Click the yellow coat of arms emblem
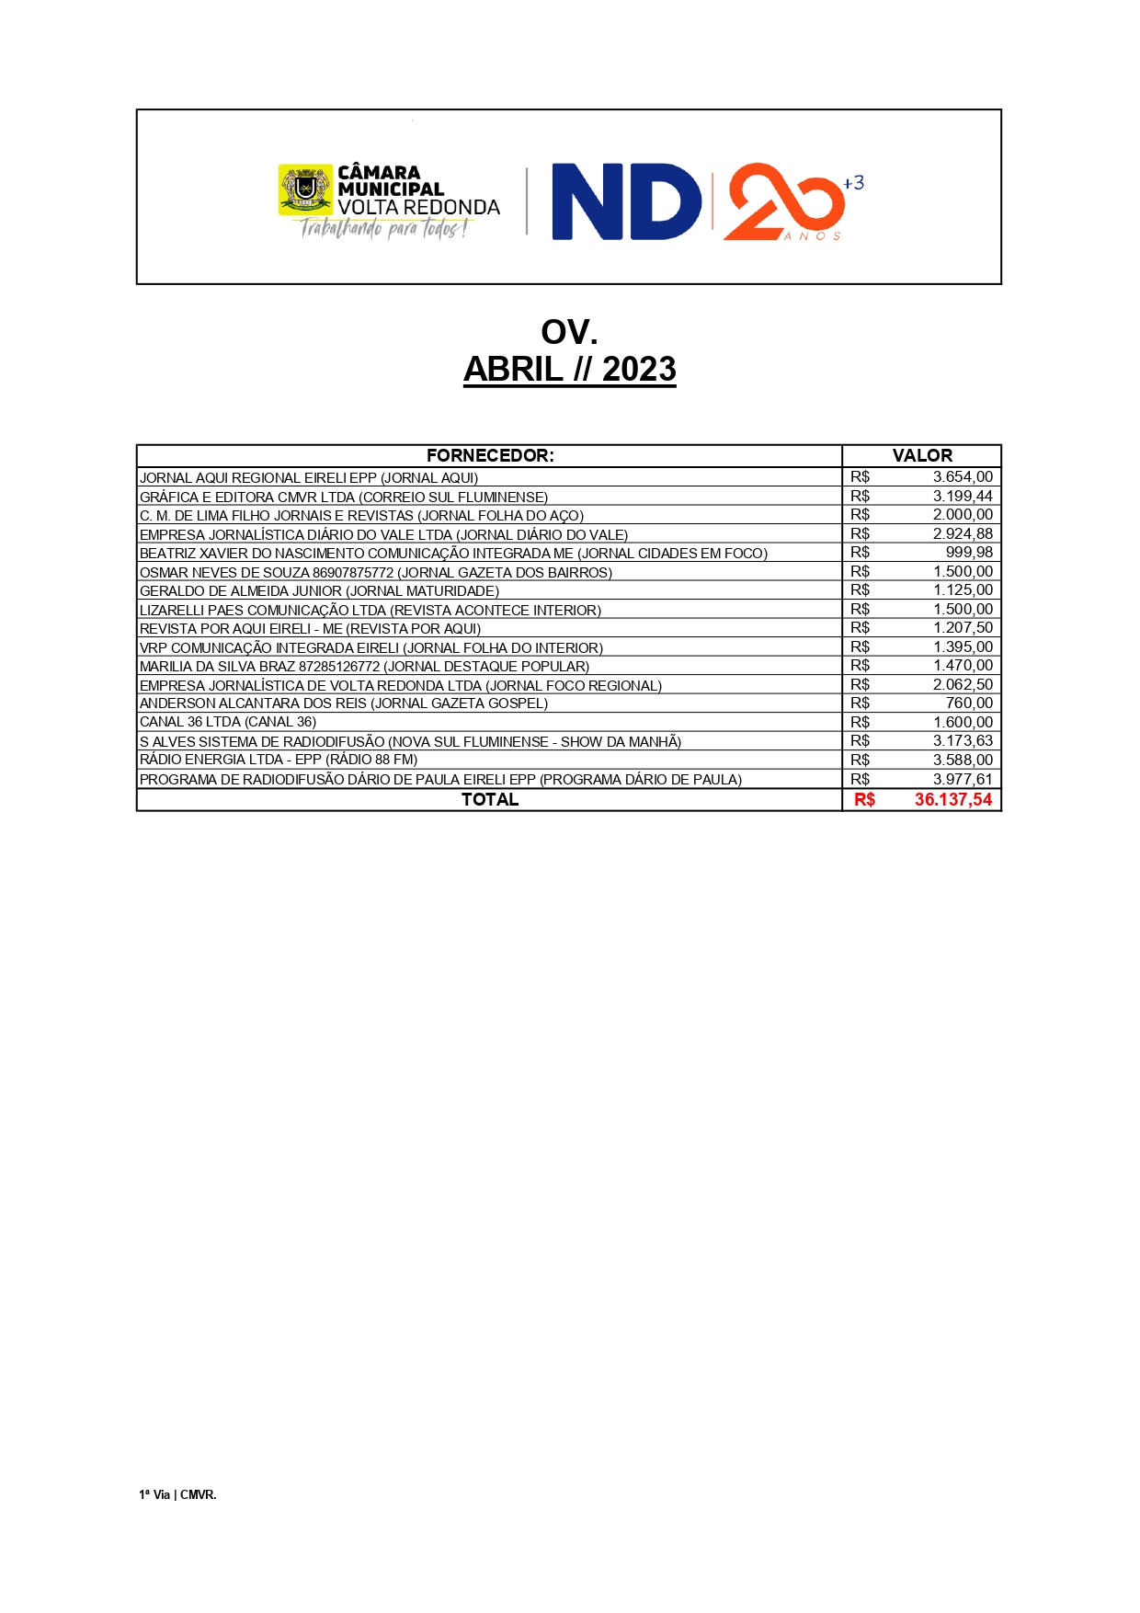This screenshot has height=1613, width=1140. pos(305,189)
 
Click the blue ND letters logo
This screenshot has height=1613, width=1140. pos(625,202)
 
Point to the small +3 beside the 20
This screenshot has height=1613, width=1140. pos(853,183)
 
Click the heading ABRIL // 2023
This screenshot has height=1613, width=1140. pos(569,370)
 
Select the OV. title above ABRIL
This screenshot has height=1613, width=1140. pos(569,332)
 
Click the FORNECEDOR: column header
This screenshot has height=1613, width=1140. pos(490,456)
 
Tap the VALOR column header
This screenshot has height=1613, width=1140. pos(922,456)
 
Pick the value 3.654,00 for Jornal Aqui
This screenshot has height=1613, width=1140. pos(963,477)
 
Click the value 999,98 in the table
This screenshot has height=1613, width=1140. pos(969,553)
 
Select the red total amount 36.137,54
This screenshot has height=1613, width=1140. pos(953,800)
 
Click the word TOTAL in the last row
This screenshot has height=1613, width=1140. pos(490,800)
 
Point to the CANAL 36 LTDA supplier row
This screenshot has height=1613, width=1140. pos(228,723)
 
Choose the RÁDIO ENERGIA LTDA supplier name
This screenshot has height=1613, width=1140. pos(279,761)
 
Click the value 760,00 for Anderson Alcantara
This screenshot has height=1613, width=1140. pos(969,704)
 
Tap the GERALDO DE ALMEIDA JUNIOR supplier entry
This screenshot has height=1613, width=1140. pos(319,591)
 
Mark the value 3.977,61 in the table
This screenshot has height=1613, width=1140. pos(963,780)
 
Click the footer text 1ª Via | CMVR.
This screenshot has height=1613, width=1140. pos(177,1495)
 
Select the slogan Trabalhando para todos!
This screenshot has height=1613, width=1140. pos(384,229)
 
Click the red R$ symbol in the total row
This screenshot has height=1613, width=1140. pos(864,800)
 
